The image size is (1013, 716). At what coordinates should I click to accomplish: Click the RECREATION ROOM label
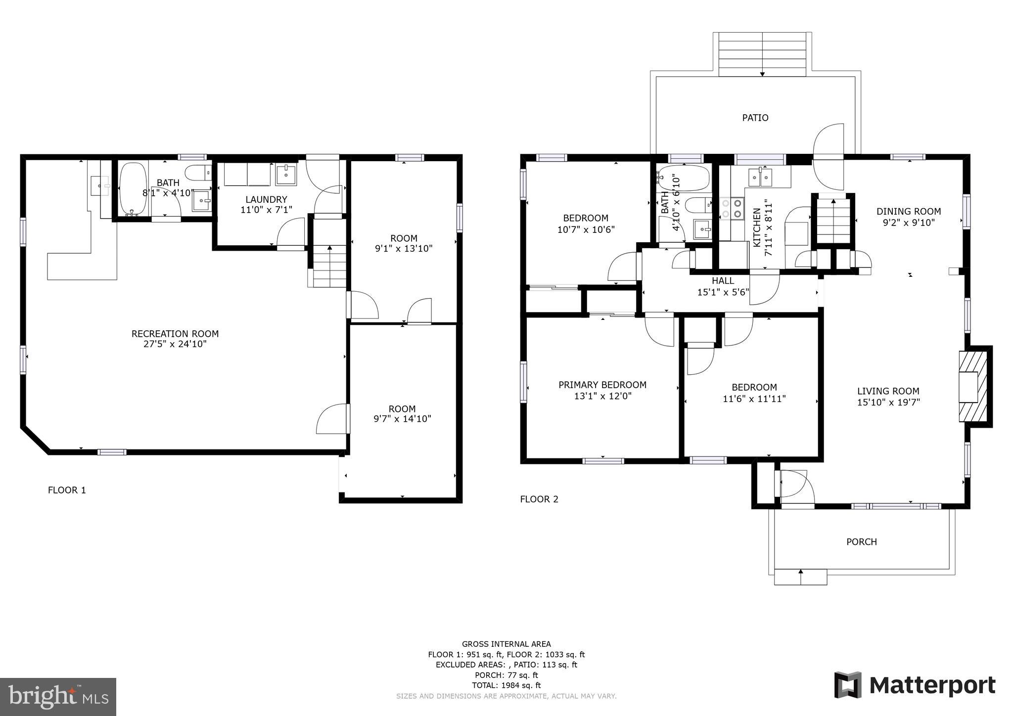click(175, 334)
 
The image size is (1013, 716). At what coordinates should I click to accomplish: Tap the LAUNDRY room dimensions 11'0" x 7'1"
click(266, 210)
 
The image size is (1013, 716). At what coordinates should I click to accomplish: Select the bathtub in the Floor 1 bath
click(133, 188)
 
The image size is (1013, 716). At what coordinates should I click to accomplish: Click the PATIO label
click(755, 118)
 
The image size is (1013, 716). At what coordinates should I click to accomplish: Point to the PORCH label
click(861, 542)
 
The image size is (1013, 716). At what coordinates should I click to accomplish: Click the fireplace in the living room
click(972, 386)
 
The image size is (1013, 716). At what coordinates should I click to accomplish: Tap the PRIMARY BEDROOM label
click(602, 385)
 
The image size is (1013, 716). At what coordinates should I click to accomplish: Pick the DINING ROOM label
click(908, 212)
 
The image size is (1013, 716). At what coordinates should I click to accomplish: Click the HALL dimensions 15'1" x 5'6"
click(723, 292)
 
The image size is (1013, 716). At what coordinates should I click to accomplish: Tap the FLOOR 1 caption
click(67, 490)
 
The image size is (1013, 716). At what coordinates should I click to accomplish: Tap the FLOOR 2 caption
click(539, 499)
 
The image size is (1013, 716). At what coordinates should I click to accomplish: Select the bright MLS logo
click(58, 697)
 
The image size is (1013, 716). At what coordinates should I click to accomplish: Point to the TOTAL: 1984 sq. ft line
click(506, 685)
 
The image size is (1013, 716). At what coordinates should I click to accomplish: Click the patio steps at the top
click(762, 54)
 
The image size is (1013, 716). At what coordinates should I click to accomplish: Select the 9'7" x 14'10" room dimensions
click(402, 419)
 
